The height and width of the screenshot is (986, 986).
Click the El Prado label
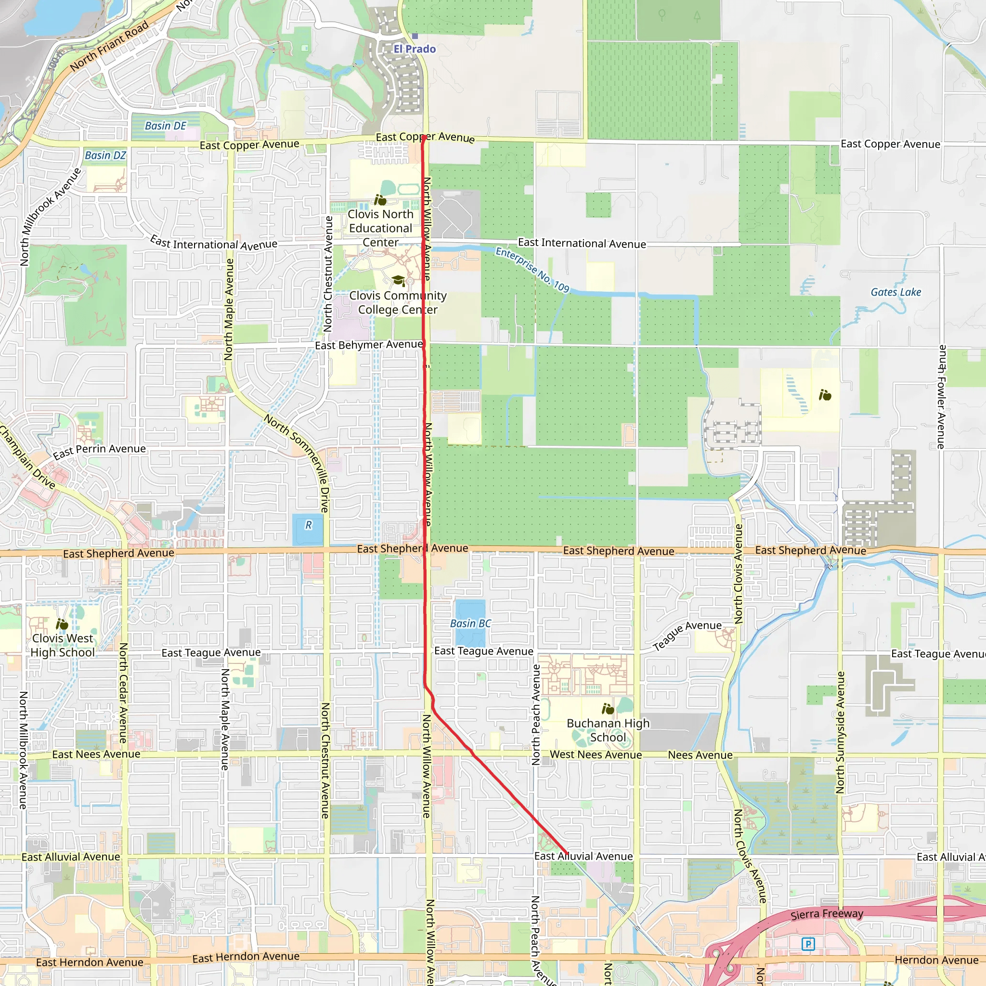pyautogui.click(x=415, y=49)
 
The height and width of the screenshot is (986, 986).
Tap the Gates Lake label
pyautogui.click(x=895, y=292)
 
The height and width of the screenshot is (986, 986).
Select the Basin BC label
pyautogui.click(x=470, y=623)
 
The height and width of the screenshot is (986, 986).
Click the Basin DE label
pyautogui.click(x=165, y=126)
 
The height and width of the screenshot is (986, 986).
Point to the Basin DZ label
pyautogui.click(x=105, y=155)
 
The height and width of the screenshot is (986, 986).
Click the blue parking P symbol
pyautogui.click(x=808, y=944)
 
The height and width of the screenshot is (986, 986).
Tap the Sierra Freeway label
pyautogui.click(x=827, y=914)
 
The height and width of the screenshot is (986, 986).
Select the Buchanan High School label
pyautogui.click(x=608, y=730)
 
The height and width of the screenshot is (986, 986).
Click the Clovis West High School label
pyautogui.click(x=62, y=645)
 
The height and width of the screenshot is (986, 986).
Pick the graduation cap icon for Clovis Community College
pyautogui.click(x=398, y=280)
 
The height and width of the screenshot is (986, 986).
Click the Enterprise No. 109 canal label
pyautogui.click(x=532, y=270)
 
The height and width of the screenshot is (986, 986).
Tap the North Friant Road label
pyautogui.click(x=109, y=46)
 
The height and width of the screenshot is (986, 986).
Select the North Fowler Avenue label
pyautogui.click(x=942, y=397)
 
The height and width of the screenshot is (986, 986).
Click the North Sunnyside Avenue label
pyautogui.click(x=840, y=732)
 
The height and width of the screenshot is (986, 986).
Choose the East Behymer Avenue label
pyautogui.click(x=368, y=345)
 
